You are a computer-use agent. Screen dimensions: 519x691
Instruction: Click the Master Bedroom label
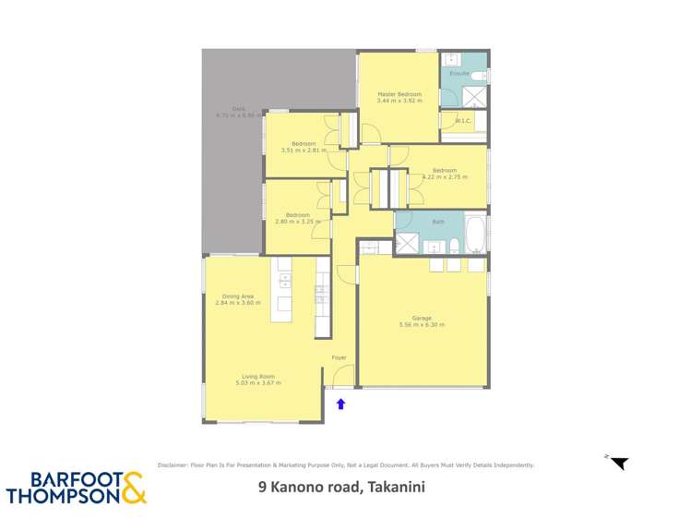click(399, 94)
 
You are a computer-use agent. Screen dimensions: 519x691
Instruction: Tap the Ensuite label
click(459, 73)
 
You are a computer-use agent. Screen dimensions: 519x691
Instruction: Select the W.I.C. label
click(463, 120)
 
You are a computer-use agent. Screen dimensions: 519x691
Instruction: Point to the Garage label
click(422, 318)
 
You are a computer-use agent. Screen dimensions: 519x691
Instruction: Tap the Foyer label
click(339, 357)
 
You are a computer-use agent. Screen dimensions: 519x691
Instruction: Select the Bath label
click(438, 222)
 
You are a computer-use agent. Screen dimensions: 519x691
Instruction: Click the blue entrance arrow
click(340, 404)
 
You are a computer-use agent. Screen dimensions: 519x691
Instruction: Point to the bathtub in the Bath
click(474, 235)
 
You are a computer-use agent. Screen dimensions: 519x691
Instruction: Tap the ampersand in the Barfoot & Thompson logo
click(133, 487)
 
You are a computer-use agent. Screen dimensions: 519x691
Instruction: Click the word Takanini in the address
click(396, 488)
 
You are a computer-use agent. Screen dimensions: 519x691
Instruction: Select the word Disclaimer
click(174, 465)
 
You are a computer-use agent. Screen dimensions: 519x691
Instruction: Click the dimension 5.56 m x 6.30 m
click(422, 325)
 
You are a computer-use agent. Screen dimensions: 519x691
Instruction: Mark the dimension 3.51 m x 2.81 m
click(304, 150)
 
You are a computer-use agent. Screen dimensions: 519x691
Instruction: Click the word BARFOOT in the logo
click(61, 478)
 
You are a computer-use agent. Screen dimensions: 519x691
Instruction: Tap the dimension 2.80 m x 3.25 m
click(297, 222)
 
